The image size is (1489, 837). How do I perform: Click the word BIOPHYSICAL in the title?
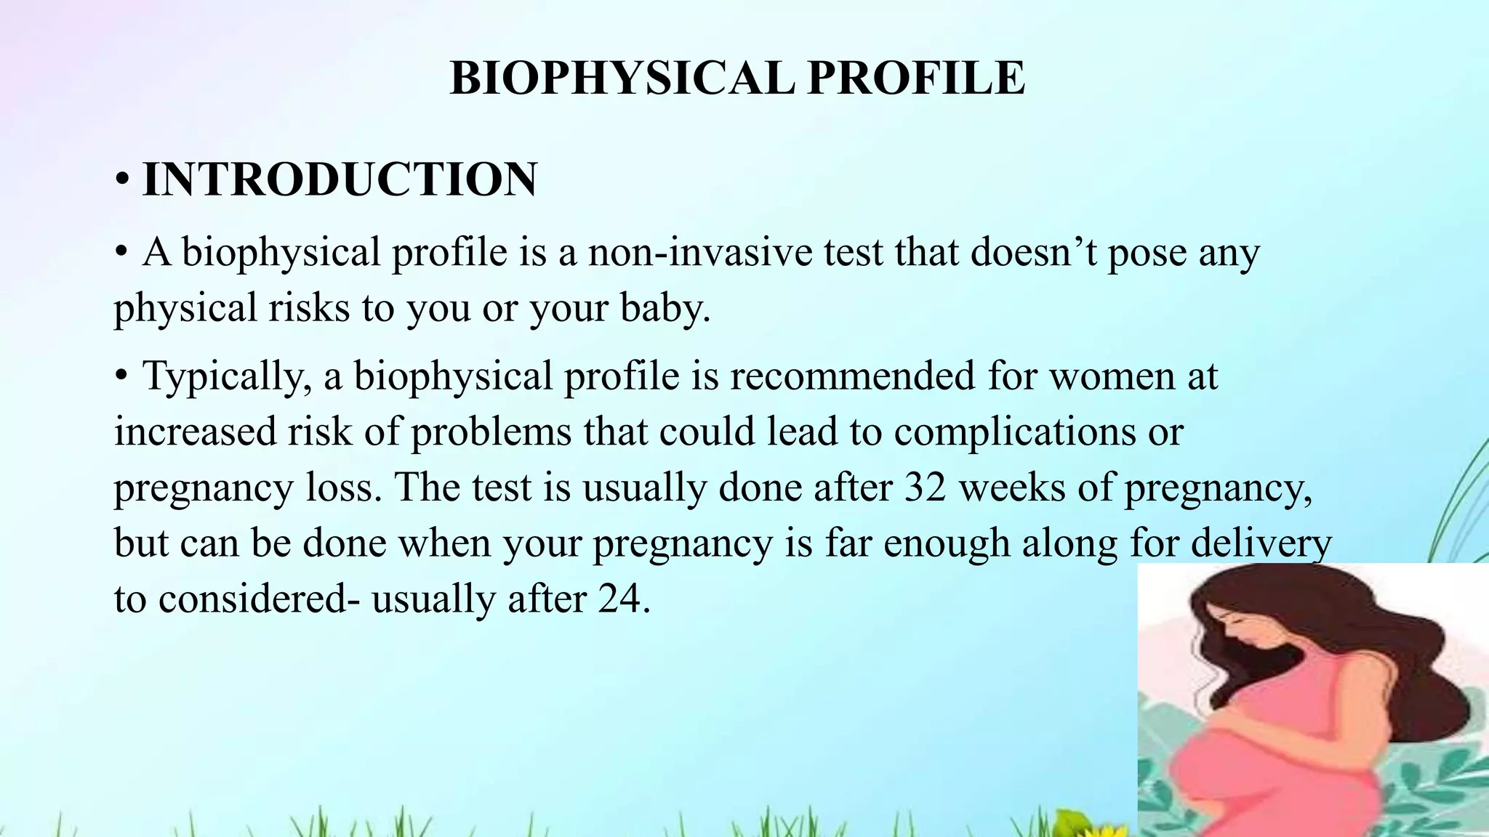(622, 78)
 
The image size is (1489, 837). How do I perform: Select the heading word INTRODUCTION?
(340, 179)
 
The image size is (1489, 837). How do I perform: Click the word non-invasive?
(700, 253)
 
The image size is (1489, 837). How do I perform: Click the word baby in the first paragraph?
(665, 307)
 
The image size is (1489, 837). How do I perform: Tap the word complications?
(1015, 432)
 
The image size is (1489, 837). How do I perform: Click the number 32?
(925, 487)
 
